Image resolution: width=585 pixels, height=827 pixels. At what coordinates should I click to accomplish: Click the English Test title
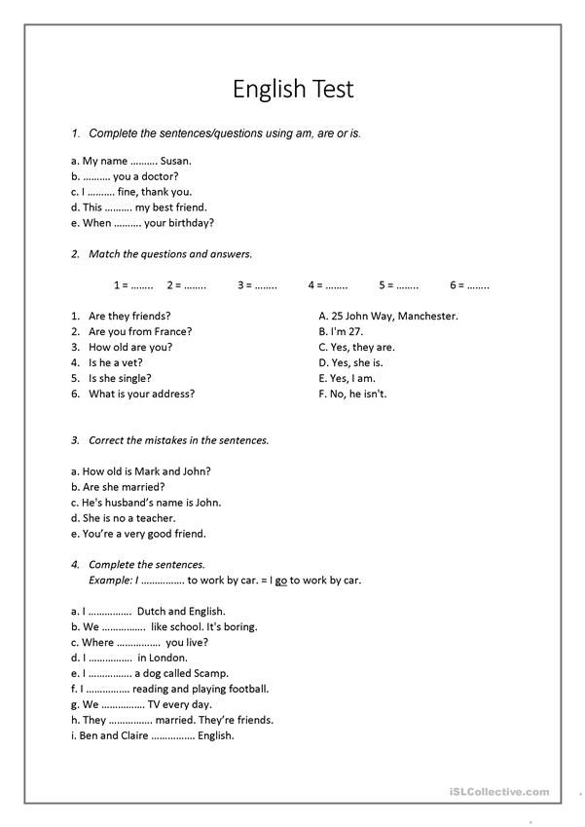293,90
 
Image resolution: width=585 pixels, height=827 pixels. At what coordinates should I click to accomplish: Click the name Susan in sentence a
176,161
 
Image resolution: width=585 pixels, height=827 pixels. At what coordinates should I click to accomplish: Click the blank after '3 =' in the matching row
265,285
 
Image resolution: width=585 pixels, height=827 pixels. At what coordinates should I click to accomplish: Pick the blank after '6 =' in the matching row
478,285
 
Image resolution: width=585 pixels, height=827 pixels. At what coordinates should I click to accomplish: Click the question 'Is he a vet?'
116,362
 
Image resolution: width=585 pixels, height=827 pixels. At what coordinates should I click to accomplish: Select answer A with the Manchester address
388,316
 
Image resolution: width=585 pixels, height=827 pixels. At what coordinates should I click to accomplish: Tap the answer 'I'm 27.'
340,331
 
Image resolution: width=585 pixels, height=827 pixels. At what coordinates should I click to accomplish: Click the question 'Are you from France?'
140,331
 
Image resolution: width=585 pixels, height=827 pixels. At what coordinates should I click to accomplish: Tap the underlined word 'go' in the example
280,580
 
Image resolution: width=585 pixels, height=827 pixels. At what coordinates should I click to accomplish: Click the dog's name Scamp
210,673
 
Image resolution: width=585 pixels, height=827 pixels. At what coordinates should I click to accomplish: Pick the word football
245,689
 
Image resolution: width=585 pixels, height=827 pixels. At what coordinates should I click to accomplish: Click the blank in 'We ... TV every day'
123,704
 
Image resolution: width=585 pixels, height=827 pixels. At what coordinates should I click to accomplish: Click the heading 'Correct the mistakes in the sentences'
178,440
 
